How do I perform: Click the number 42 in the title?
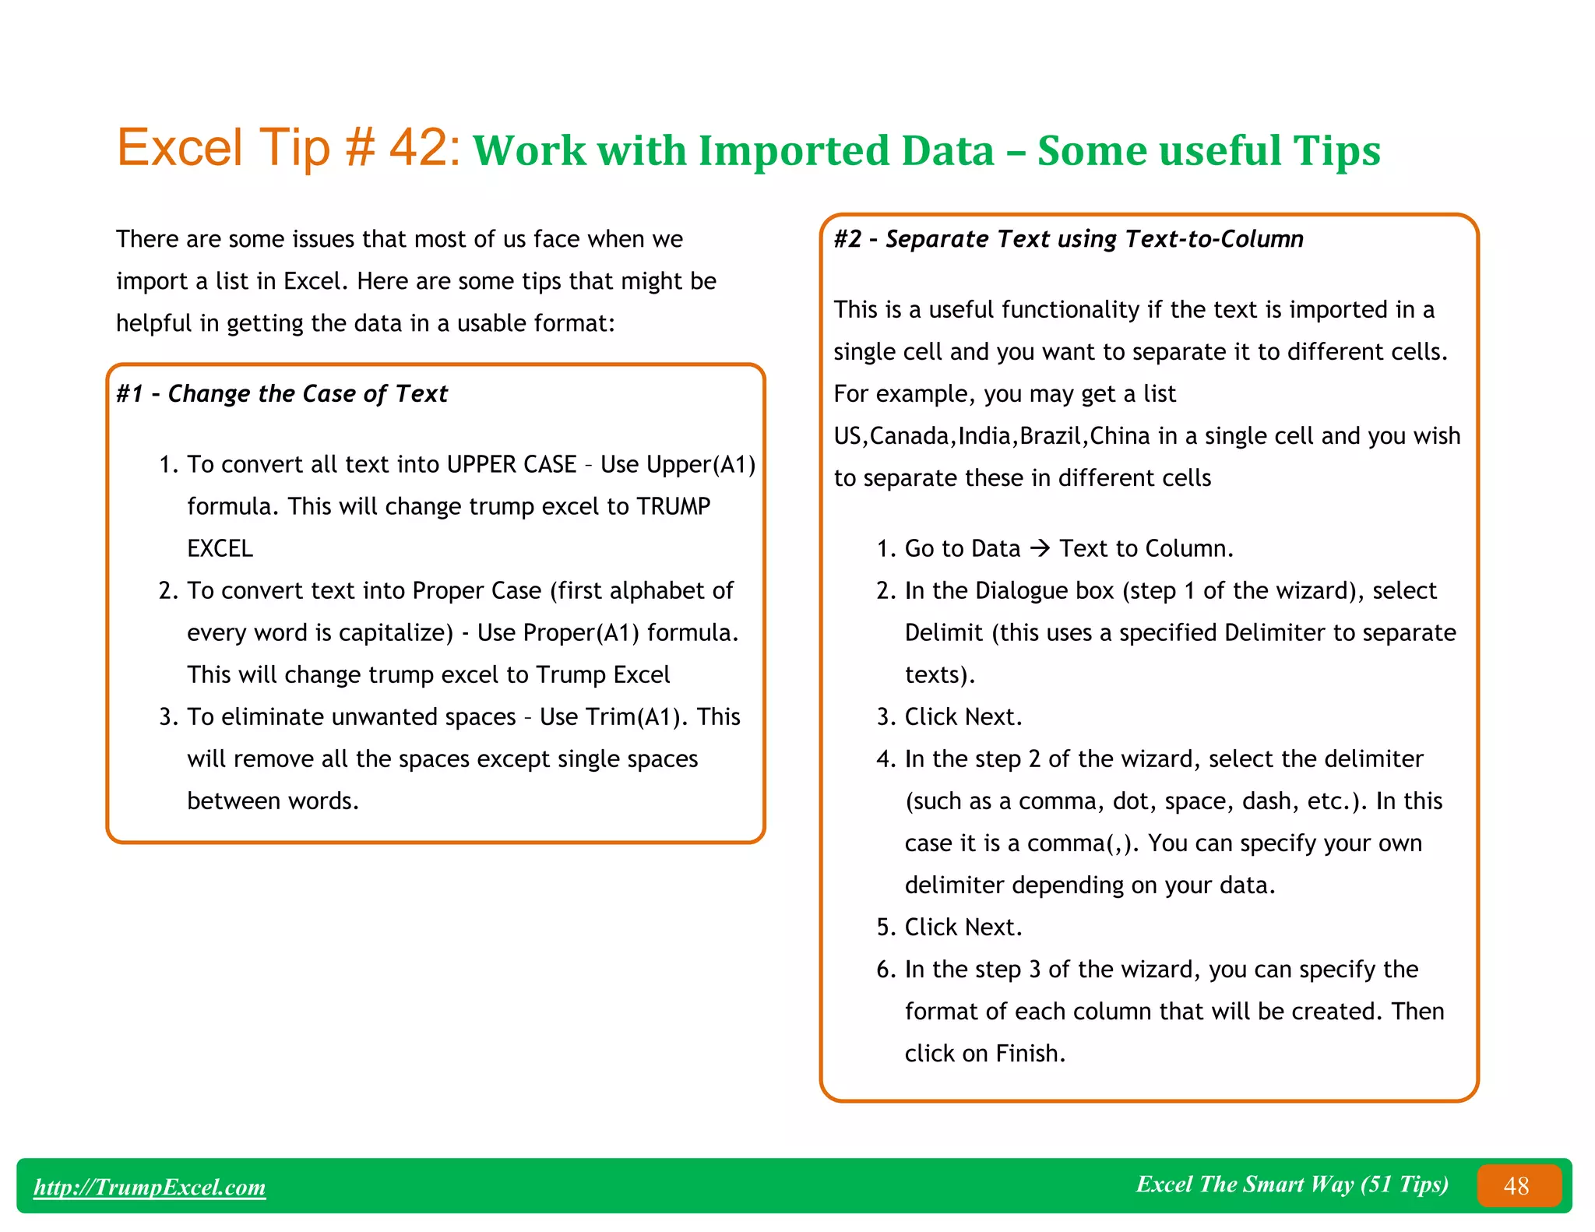419,147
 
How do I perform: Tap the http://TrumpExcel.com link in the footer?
150,1187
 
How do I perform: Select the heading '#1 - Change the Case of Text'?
282,394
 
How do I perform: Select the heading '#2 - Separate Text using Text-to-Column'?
1069,239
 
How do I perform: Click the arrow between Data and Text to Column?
1040,548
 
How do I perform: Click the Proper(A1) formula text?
581,633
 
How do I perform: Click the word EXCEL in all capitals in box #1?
220,549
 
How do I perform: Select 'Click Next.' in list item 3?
963,717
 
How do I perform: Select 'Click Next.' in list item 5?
963,928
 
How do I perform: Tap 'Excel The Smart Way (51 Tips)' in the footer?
1292,1184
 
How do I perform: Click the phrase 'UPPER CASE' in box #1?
512,465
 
